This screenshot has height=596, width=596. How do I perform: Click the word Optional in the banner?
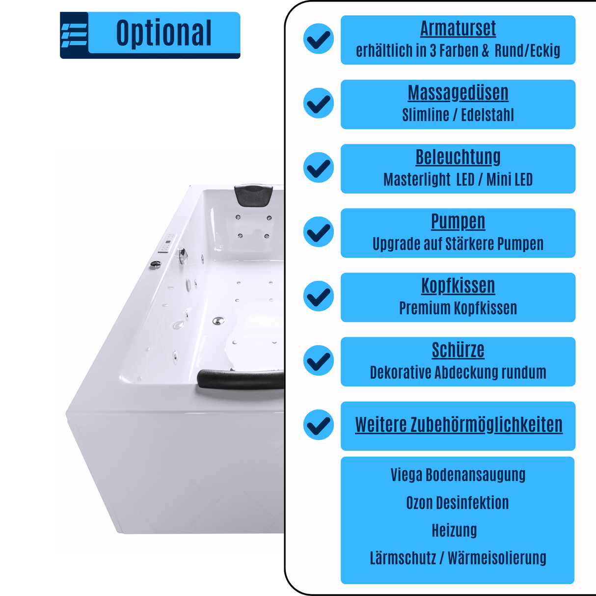(x=163, y=33)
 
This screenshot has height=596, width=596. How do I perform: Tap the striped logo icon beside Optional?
(x=74, y=35)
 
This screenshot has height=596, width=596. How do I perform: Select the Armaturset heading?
(x=458, y=29)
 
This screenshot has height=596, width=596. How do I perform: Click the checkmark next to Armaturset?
(x=318, y=39)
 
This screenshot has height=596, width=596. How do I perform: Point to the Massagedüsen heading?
(x=458, y=93)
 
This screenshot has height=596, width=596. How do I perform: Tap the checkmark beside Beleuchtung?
(x=318, y=167)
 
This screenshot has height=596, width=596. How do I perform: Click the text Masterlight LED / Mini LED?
(x=458, y=179)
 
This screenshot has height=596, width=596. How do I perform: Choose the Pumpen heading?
(x=458, y=222)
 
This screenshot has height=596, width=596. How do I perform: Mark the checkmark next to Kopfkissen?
(x=318, y=296)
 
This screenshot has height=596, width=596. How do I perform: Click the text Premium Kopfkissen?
(x=458, y=308)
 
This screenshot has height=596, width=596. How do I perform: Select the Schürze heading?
(x=458, y=350)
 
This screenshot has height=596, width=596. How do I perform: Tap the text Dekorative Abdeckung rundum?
(x=458, y=373)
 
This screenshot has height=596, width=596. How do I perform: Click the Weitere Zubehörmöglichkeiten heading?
(x=459, y=425)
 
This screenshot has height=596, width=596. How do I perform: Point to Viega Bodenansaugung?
(x=458, y=475)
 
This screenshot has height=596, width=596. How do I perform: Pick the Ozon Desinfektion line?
(x=458, y=503)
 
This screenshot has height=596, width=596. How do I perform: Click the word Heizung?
(x=454, y=530)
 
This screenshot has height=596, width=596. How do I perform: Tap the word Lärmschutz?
(x=403, y=558)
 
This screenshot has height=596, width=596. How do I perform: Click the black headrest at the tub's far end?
(x=253, y=194)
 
